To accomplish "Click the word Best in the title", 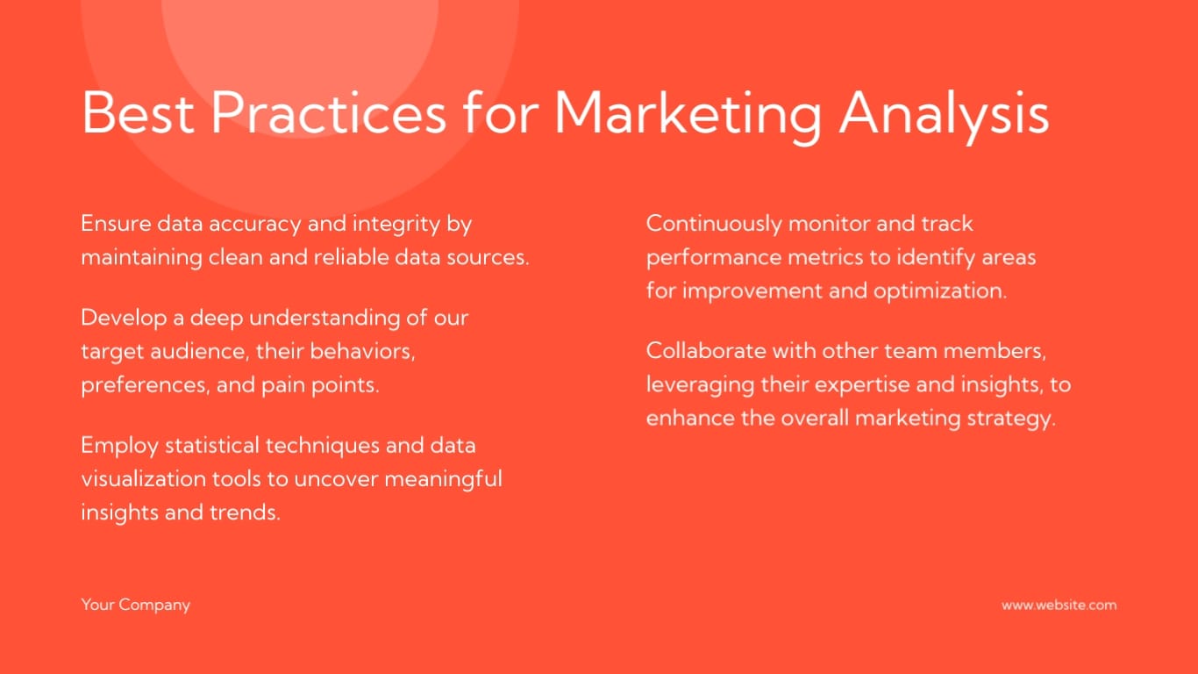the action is coord(138,112).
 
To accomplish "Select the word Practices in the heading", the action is coord(329,112).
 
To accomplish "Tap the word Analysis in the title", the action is coord(944,116).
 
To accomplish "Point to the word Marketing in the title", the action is coord(688,116).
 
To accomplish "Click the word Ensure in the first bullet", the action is coord(116,224).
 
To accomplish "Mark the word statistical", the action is coord(211,445).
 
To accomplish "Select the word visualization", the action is coord(143,478).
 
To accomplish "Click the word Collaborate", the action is coord(706,351).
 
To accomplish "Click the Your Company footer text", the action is coord(136,606).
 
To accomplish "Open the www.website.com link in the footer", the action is coord(1059,605).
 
